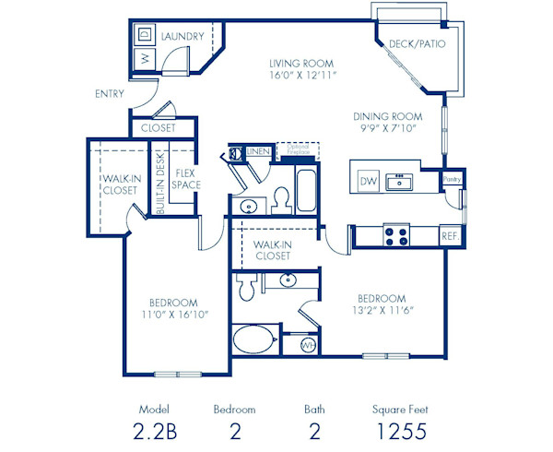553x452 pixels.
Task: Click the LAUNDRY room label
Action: (x=182, y=36)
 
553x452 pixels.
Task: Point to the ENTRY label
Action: (x=110, y=94)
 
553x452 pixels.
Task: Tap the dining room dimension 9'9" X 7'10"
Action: (x=388, y=128)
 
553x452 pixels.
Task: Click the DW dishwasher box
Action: (x=368, y=181)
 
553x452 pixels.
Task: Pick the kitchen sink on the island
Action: (x=399, y=181)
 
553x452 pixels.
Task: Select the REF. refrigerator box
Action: (x=449, y=236)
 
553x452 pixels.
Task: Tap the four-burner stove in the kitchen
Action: (x=397, y=236)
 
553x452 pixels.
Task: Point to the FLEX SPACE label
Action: (x=187, y=179)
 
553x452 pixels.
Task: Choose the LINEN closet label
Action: (x=259, y=150)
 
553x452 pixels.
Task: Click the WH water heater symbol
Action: (x=309, y=345)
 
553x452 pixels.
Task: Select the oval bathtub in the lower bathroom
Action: (x=255, y=339)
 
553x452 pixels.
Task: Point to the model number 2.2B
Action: (x=155, y=431)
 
